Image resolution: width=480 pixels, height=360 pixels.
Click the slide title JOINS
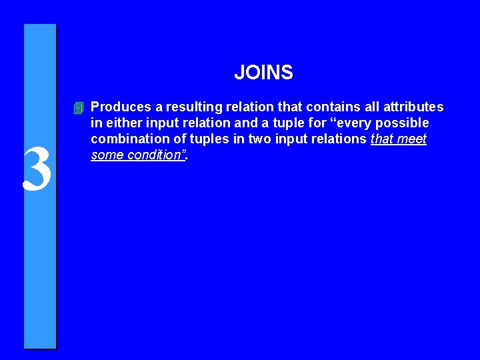click(263, 73)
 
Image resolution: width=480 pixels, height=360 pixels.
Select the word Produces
click(117, 107)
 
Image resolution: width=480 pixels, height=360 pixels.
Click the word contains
click(319, 107)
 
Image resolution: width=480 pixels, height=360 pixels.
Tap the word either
click(121, 123)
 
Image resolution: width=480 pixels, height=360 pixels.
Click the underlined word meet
click(412, 139)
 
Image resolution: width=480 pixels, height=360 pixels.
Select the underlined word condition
click(155, 155)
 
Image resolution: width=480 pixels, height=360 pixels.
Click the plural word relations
click(339, 139)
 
